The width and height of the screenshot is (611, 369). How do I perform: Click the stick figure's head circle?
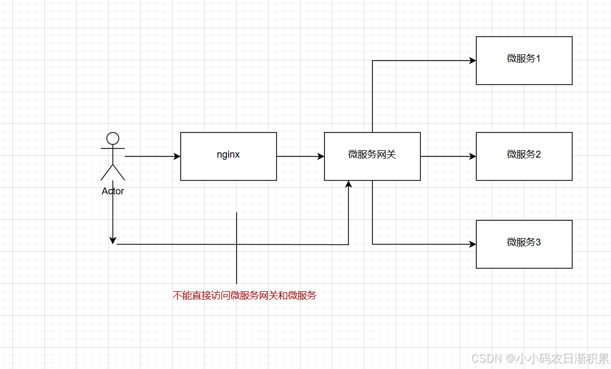(112, 138)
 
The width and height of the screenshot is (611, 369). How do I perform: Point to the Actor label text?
(113, 191)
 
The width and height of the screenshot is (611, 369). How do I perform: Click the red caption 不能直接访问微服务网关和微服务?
(245, 296)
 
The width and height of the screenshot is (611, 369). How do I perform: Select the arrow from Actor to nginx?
(152, 157)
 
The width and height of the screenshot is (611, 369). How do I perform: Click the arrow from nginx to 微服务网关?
(300, 157)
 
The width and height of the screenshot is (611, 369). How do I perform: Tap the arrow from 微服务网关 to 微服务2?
(447, 157)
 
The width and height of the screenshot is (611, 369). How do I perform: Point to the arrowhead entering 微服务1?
(472, 61)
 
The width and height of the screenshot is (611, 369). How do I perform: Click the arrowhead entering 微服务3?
(472, 244)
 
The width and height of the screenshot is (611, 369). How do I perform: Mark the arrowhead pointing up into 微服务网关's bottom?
(348, 184)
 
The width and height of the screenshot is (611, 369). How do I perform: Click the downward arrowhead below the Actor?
(112, 240)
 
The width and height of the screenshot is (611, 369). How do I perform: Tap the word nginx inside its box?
(228, 155)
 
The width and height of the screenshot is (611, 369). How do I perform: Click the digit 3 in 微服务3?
(538, 243)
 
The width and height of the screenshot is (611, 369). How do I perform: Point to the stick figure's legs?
(112, 171)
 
